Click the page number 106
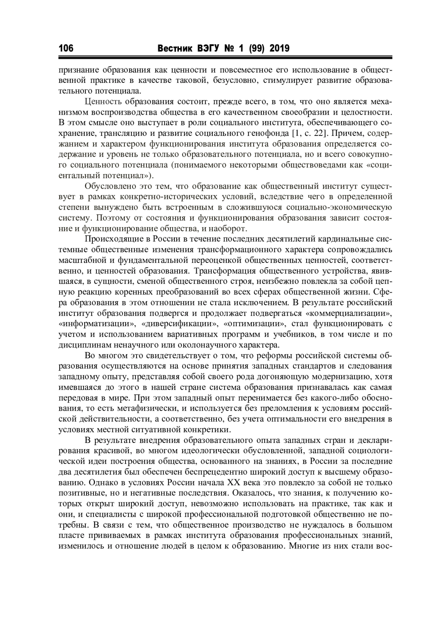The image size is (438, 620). [66, 49]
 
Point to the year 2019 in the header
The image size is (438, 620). [279, 49]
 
